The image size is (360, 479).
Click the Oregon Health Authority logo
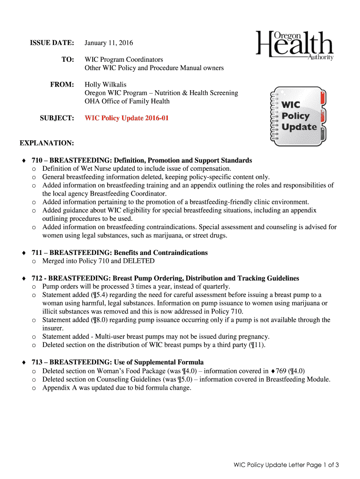[295, 45]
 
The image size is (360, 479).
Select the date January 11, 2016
[108, 43]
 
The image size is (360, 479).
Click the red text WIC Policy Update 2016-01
[126, 118]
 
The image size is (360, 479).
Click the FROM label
[62, 85]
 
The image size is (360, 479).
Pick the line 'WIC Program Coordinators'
[124, 60]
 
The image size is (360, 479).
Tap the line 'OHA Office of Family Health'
[127, 102]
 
